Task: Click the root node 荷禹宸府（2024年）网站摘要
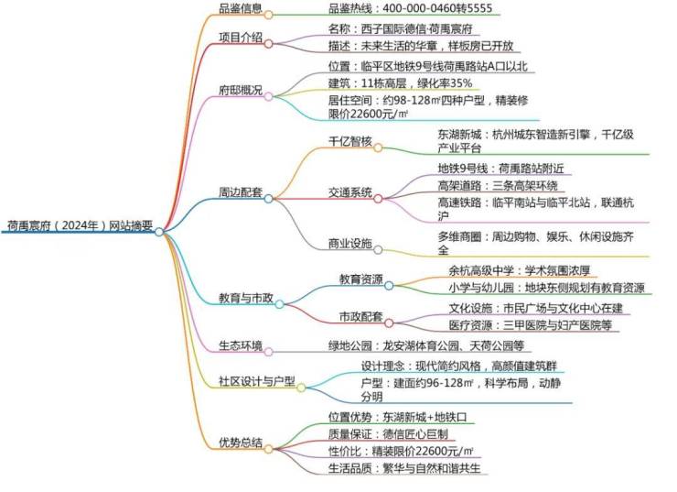coord(80,224)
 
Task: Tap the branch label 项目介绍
coord(240,38)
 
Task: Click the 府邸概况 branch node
coord(240,91)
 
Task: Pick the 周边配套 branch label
coord(240,193)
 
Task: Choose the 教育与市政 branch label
coord(245,299)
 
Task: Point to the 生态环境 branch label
coord(240,345)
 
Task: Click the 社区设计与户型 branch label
coord(257,381)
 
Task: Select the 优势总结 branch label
coord(240,442)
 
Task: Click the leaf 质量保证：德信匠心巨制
coord(388,433)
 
